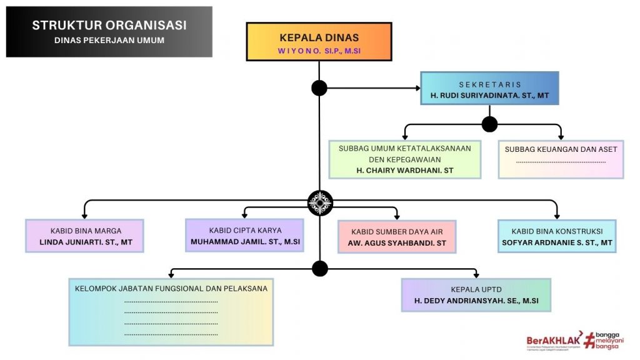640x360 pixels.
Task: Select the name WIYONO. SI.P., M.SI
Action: tap(319, 50)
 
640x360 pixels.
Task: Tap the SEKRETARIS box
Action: tap(489, 88)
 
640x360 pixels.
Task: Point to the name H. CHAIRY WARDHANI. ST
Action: tap(405, 170)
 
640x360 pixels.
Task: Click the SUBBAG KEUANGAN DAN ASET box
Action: tap(561, 159)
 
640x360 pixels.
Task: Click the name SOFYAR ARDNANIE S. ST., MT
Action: tap(557, 242)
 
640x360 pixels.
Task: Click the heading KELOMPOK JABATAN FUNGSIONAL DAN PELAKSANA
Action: tap(171, 289)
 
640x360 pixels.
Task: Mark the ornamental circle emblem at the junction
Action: tap(320, 203)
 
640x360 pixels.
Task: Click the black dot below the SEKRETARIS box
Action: tap(489, 124)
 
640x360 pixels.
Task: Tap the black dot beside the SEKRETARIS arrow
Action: tap(319, 88)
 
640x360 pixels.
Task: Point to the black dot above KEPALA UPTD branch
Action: tap(320, 269)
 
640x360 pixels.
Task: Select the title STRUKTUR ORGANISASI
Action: tap(109, 26)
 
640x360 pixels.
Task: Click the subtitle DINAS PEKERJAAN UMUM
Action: tap(109, 41)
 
